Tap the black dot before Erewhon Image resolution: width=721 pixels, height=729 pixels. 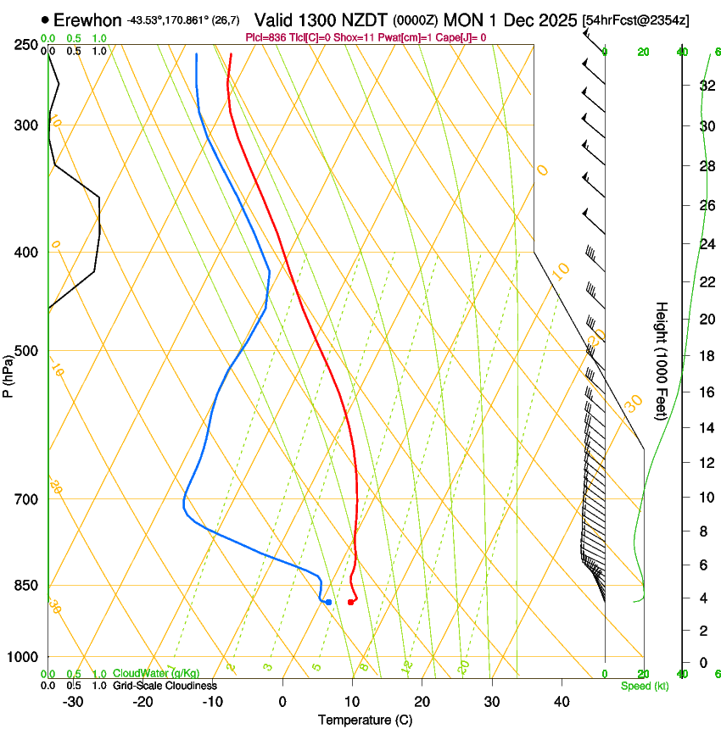click(45, 19)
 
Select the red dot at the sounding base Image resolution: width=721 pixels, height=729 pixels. click(350, 602)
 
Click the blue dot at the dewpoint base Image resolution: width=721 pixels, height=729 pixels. click(328, 602)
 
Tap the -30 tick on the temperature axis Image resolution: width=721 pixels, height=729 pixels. click(73, 701)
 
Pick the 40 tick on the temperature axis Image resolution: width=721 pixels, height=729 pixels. click(562, 701)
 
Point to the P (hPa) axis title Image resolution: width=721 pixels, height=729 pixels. click(8, 374)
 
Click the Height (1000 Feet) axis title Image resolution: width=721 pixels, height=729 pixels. click(662, 361)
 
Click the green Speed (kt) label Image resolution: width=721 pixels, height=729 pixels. click(644, 686)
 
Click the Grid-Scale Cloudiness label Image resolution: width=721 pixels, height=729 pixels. click(165, 685)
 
